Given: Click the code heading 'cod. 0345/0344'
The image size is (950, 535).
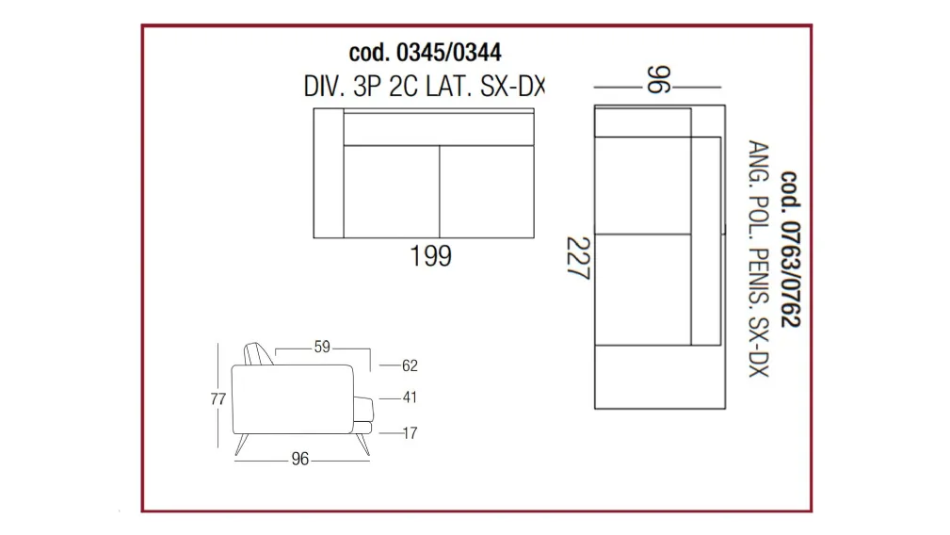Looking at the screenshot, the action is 425,53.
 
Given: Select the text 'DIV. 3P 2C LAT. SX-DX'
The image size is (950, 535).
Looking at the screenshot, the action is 424,87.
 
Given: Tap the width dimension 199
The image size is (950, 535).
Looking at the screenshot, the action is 431,255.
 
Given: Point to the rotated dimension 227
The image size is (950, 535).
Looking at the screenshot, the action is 578,258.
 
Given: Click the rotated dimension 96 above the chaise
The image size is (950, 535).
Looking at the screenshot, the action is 658,80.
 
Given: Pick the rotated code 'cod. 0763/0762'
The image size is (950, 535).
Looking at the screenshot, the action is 790,249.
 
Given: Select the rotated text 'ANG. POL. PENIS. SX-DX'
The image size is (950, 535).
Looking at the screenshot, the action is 759,259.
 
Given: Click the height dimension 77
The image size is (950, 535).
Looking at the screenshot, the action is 218,399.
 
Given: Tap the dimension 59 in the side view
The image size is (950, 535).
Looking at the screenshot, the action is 322,347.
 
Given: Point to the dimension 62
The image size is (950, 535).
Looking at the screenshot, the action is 410,365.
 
